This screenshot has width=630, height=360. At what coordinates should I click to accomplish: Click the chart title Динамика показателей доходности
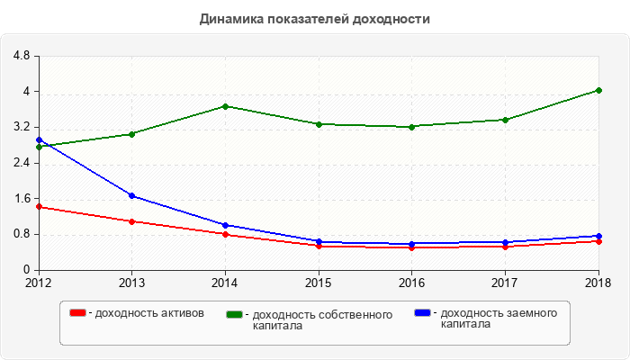pyautogui.click(x=314, y=19)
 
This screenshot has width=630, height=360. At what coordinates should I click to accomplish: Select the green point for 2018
pyautogui.click(x=598, y=90)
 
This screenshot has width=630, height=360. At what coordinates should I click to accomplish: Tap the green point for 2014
pyautogui.click(x=225, y=106)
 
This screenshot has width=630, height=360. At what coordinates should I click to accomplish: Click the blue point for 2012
pyautogui.click(x=39, y=140)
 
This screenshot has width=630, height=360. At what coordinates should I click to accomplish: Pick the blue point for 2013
pyautogui.click(x=132, y=195)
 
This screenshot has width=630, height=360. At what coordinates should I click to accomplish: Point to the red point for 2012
pyautogui.click(x=39, y=207)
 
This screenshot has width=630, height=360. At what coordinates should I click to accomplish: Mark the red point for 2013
pyautogui.click(x=132, y=221)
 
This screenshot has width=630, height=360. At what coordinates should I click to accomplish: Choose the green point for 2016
pyautogui.click(x=411, y=127)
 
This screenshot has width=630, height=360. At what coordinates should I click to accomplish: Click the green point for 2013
pyautogui.click(x=132, y=134)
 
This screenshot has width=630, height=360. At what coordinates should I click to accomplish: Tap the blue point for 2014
pyautogui.click(x=225, y=225)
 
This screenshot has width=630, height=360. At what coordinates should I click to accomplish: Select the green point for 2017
pyautogui.click(x=504, y=120)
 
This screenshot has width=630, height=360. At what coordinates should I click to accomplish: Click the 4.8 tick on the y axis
pyautogui.click(x=22, y=57)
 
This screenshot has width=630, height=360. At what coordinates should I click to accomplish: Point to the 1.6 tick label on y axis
pyautogui.click(x=22, y=199)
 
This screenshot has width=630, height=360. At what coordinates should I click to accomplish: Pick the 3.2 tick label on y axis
pyautogui.click(x=22, y=128)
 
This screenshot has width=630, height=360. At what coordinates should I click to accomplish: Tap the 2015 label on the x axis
pyautogui.click(x=318, y=283)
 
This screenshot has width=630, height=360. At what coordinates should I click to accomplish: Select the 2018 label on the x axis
pyautogui.click(x=598, y=283)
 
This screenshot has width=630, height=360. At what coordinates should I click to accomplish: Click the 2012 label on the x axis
pyautogui.click(x=39, y=283)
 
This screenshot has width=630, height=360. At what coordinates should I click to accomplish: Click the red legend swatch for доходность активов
pyautogui.click(x=79, y=313)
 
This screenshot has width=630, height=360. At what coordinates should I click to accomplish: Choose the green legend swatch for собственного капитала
pyautogui.click(x=235, y=314)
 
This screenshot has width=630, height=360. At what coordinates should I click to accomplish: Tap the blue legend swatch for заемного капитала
pyautogui.click(x=422, y=313)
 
